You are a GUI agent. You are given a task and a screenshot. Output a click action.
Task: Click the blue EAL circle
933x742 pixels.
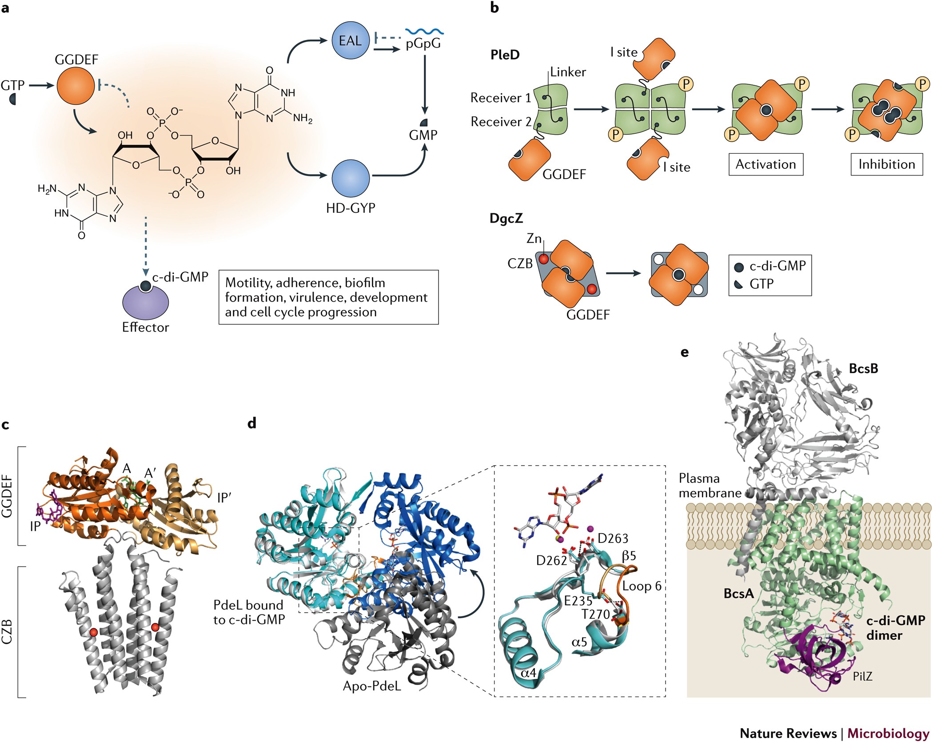tap(351, 40)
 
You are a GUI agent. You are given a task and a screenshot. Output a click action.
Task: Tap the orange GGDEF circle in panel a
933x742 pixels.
tap(76, 85)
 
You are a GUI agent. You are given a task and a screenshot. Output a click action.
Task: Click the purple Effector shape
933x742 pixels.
tap(145, 303)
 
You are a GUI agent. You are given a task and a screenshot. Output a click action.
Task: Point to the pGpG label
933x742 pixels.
tap(423, 44)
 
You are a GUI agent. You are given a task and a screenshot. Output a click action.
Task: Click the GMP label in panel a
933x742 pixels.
tap(423, 135)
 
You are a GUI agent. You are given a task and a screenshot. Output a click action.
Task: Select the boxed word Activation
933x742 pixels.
tap(766, 164)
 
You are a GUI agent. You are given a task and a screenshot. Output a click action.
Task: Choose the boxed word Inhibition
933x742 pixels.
tap(886, 164)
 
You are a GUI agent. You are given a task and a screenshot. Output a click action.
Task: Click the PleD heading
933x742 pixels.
tap(505, 55)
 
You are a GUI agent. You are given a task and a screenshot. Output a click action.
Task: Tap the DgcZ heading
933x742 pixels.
tap(506, 218)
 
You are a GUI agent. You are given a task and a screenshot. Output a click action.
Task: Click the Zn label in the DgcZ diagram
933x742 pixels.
tap(534, 239)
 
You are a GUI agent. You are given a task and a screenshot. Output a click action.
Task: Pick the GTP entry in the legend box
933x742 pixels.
tap(762, 283)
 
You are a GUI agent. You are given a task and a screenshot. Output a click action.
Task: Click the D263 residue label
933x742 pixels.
tap(613, 539)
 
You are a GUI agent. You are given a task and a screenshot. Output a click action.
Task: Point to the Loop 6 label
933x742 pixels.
tap(642, 586)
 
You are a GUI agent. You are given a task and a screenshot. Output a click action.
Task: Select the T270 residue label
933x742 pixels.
tap(596, 614)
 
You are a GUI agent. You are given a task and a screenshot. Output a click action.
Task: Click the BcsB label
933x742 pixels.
tap(863, 368)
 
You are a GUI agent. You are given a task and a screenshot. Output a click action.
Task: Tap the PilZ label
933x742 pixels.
tap(862, 676)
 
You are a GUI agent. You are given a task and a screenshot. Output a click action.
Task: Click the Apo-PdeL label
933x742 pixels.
tap(372, 686)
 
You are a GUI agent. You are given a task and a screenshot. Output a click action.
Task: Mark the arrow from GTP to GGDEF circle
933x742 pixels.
tap(41, 85)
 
